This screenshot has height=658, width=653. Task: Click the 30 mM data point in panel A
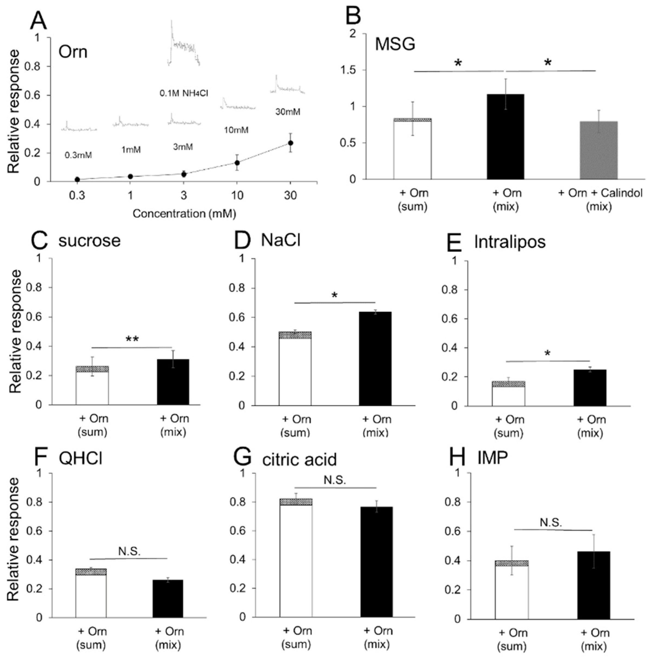coord(290,143)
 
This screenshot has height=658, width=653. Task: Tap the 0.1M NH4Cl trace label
coord(184,93)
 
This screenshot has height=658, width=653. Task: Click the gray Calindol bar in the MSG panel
coord(599,150)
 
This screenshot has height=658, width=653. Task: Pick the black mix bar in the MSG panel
coord(505,137)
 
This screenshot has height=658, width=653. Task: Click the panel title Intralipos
coord(509,242)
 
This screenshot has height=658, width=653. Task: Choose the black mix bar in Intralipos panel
coord(590,388)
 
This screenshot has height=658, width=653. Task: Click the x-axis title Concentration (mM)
coord(184,214)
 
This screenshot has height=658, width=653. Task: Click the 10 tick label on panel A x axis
coord(237,195)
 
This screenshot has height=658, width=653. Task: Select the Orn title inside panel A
coord(73,52)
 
